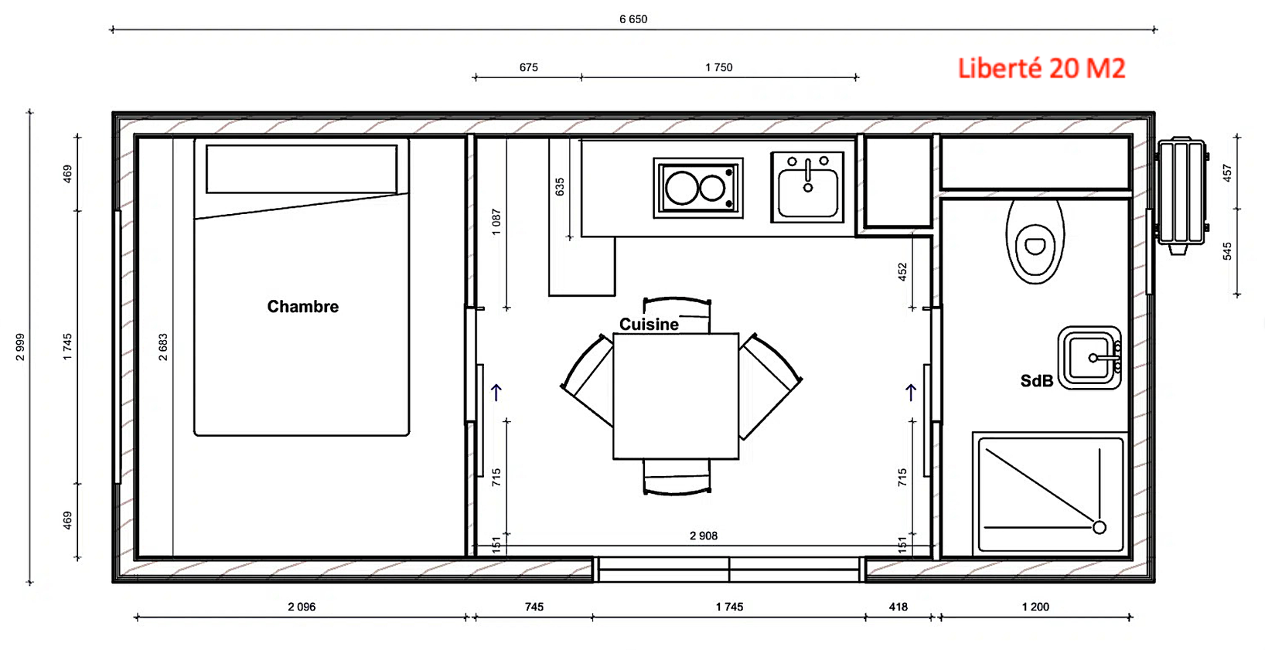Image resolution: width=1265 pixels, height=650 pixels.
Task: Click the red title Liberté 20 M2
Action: (x=1041, y=69)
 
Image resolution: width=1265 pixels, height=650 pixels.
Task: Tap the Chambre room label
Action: (x=302, y=307)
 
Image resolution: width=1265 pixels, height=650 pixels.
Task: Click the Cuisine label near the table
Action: (x=649, y=325)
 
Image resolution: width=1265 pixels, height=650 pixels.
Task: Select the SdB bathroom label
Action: (x=1036, y=381)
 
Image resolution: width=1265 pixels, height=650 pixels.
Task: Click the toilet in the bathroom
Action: (x=1035, y=241)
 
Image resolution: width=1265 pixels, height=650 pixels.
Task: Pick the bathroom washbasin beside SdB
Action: (x=1089, y=358)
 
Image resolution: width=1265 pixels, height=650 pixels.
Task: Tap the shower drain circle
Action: (x=1099, y=527)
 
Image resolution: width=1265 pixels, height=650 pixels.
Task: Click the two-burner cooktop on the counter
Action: (x=697, y=188)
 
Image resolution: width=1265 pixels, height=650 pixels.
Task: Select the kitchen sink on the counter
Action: (x=807, y=188)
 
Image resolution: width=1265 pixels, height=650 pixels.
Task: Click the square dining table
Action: (x=676, y=396)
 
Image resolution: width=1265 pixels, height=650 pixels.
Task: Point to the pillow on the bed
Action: (x=302, y=168)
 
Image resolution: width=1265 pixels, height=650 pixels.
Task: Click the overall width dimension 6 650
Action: (x=632, y=19)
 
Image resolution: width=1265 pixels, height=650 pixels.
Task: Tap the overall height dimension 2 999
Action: (x=20, y=347)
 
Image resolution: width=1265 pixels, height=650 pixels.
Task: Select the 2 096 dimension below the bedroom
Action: (x=302, y=607)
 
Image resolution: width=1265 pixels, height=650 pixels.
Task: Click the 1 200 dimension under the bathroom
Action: (x=1035, y=607)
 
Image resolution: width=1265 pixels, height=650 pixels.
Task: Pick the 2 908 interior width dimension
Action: (x=703, y=536)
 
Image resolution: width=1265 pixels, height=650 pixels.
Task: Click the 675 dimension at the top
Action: (x=528, y=67)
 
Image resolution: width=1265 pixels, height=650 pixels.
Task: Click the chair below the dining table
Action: (x=677, y=477)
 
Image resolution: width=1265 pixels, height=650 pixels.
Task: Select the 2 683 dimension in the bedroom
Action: (x=163, y=347)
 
